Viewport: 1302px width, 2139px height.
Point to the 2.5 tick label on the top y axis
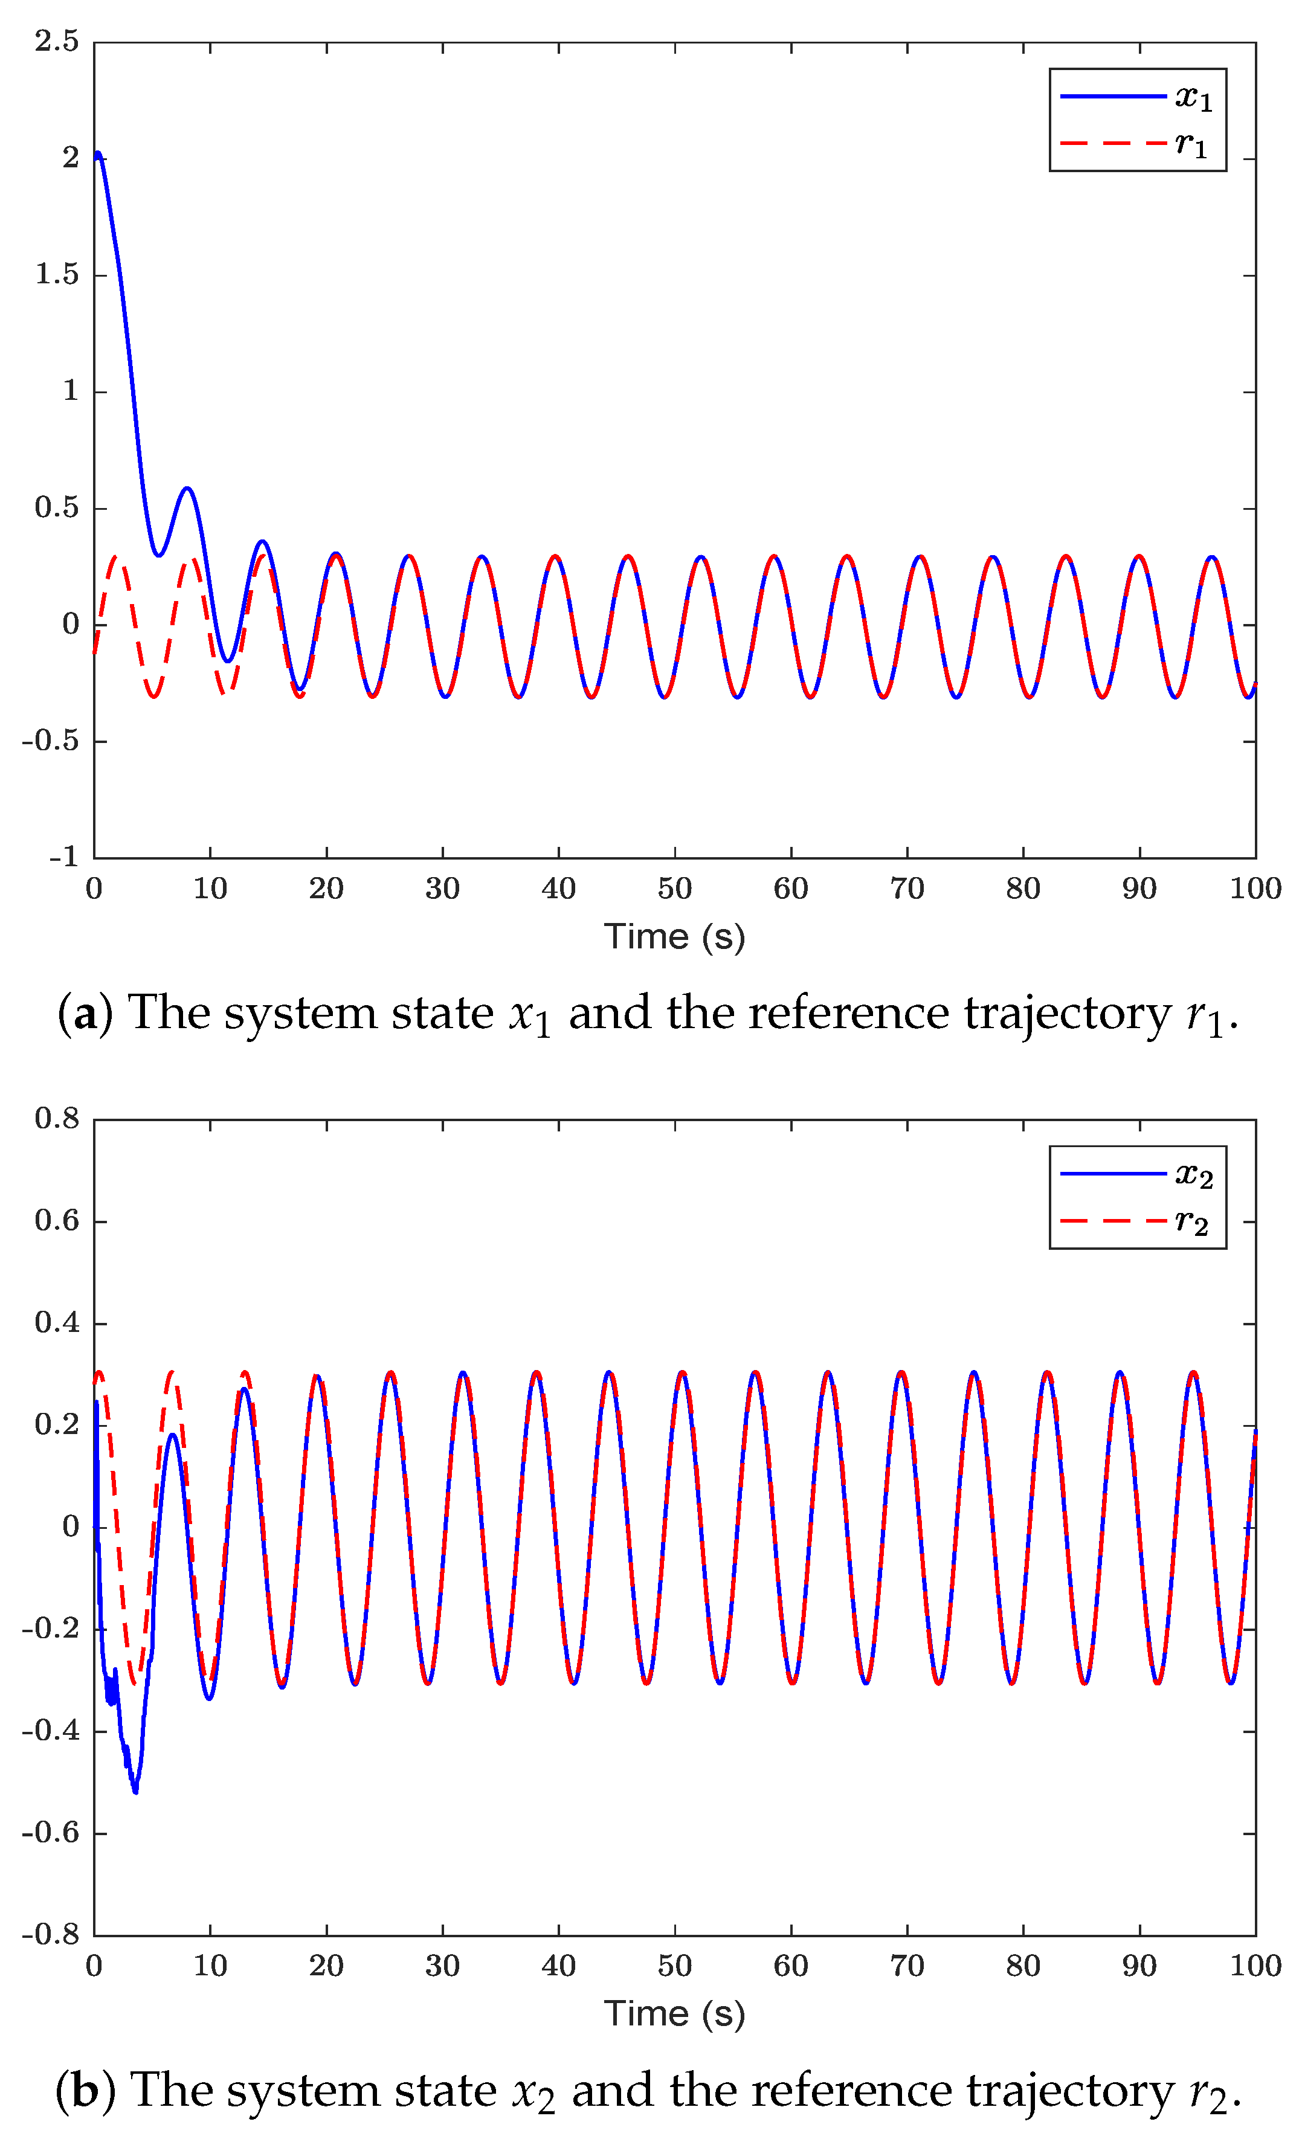(56, 41)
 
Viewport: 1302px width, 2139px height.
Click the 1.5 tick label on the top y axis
(56, 274)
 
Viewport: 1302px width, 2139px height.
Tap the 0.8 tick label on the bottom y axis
(56, 1119)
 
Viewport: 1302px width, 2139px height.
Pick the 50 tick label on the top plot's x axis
(674, 889)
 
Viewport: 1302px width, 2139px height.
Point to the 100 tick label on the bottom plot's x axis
(1255, 1966)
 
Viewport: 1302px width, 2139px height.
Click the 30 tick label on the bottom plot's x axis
(442, 1966)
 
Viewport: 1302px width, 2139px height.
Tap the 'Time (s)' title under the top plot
(674, 937)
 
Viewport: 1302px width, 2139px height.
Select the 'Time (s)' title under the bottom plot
(674, 2014)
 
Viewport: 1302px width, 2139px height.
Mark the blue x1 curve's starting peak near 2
(98, 155)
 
